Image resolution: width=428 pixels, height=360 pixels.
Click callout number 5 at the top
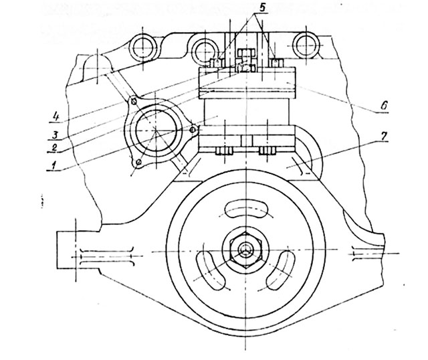pyautogui.click(x=261, y=7)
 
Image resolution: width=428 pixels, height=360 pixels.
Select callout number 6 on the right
pyautogui.click(x=384, y=106)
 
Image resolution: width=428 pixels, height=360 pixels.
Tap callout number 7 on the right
pyautogui.click(x=384, y=137)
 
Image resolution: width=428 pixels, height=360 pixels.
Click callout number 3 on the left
pyautogui.click(x=55, y=134)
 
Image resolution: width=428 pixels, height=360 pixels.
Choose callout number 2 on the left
pyautogui.click(x=54, y=148)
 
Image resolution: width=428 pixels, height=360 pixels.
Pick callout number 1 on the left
pyautogui.click(x=54, y=165)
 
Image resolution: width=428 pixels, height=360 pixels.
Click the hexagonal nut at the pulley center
pyautogui.click(x=246, y=250)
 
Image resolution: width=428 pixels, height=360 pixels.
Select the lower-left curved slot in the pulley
pyautogui.click(x=211, y=270)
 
